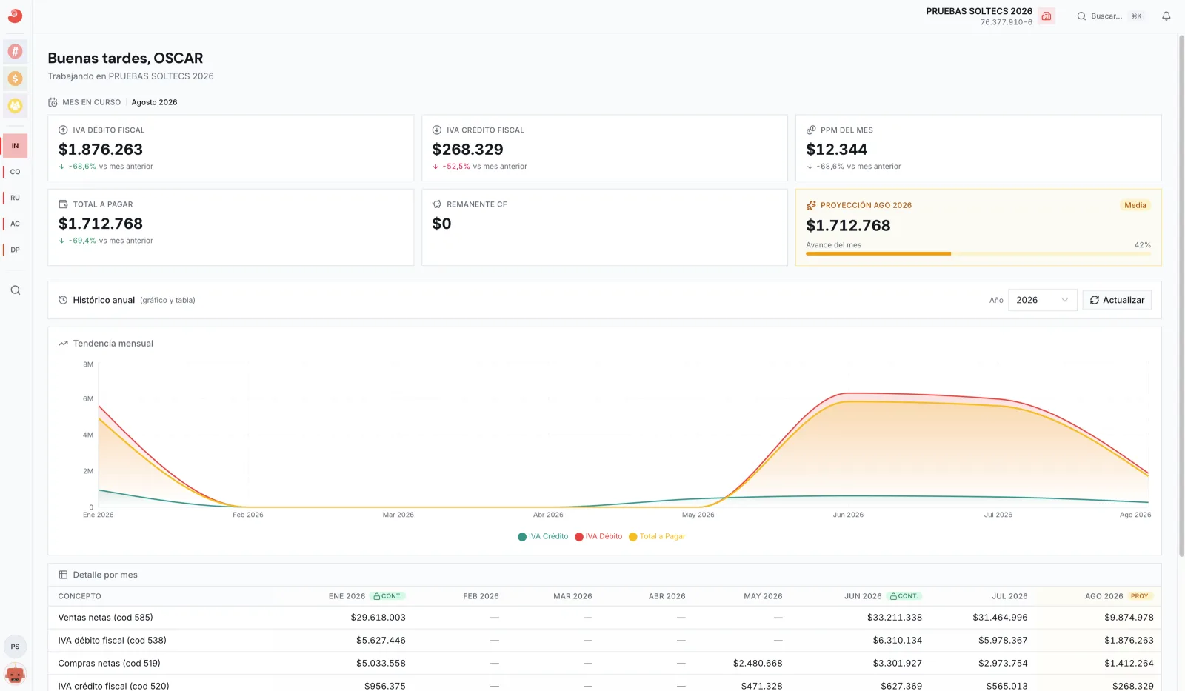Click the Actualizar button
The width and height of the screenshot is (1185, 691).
[1117, 300]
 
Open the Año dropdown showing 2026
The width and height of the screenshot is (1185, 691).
[1042, 300]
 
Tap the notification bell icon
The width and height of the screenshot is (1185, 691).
[1166, 16]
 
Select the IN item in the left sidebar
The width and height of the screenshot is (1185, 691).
[15, 145]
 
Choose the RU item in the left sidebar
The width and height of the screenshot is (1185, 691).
[15, 198]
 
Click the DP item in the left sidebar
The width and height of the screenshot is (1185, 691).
[15, 250]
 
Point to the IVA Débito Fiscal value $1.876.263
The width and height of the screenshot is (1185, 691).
[101, 149]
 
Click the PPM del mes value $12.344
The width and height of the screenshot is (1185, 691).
[836, 149]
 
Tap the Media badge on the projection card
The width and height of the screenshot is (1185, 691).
[1135, 205]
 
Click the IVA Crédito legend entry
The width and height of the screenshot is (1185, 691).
[543, 536]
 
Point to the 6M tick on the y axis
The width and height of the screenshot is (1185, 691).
[88, 399]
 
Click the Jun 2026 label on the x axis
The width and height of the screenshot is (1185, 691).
[848, 515]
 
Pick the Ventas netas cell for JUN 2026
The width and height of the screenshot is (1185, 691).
[894, 618]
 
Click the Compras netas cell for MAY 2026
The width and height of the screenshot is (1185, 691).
[758, 664]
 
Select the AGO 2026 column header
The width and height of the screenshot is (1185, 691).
[1104, 596]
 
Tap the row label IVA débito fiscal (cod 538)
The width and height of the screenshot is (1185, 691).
[112, 641]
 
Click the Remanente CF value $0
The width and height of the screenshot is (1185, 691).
[441, 224]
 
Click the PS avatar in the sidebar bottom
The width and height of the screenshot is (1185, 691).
[15, 647]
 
